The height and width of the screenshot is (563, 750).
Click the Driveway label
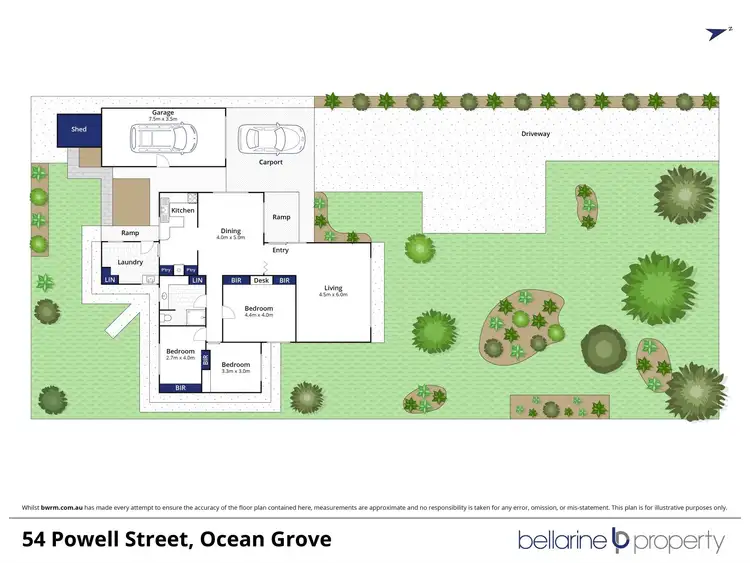535,133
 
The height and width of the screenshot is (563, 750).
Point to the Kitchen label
182,211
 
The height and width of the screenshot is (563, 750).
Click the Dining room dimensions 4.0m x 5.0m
232,238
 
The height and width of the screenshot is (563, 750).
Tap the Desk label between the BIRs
261,281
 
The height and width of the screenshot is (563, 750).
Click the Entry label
280,250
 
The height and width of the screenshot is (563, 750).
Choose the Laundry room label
130,262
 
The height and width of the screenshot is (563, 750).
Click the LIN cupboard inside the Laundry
109,280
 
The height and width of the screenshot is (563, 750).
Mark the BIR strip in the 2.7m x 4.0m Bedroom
180,386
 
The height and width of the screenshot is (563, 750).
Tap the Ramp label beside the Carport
281,217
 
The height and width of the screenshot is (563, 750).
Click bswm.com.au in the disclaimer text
61,507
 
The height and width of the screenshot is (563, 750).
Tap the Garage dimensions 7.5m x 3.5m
162,119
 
